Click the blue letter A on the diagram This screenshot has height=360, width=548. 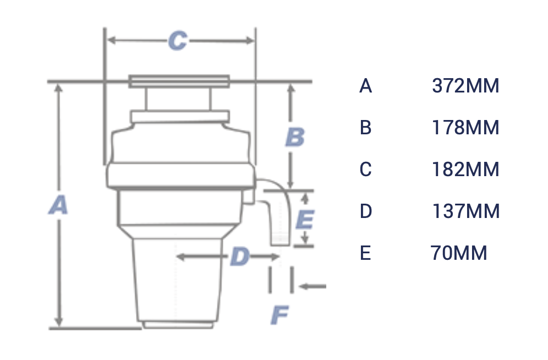pos(58,206)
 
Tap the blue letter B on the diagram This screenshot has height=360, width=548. pos(295,137)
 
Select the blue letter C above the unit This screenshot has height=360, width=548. pos(177,41)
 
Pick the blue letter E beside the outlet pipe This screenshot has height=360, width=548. pos(304,220)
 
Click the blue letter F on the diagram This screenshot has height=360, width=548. pos(280,315)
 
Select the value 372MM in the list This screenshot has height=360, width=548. pos(465,86)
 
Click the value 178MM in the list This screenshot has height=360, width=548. pos(465,128)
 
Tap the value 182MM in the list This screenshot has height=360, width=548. pos(465,170)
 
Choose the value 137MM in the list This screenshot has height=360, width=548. pos(465,211)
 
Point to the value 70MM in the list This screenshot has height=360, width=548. pos(459,253)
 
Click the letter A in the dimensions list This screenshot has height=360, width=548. pos(366,86)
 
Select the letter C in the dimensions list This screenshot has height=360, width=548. pos(366,170)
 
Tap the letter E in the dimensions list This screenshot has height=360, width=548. pos(365,253)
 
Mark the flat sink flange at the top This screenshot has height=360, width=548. pos(179,81)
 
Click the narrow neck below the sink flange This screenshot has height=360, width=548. pos(178,99)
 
